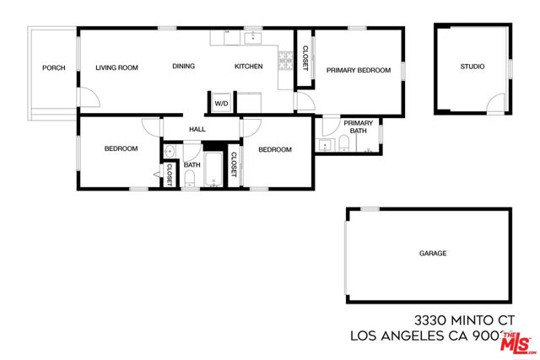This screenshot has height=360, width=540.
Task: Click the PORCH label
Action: [x=54, y=68]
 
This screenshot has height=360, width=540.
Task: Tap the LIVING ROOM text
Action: [x=116, y=67]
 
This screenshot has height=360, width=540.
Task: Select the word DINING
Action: [x=184, y=67]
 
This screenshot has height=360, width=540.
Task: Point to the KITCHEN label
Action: [x=248, y=67]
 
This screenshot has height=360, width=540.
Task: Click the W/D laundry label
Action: [x=221, y=104]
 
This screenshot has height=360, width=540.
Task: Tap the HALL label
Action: [x=197, y=129]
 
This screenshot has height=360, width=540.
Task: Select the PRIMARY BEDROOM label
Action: [x=359, y=71]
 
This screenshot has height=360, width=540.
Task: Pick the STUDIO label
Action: [x=472, y=67]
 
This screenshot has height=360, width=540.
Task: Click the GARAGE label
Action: [x=433, y=253]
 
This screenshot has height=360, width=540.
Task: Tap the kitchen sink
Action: [x=252, y=36]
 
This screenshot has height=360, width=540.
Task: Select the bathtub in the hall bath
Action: [x=213, y=167]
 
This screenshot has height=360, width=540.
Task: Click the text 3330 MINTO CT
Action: [x=453, y=320]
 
